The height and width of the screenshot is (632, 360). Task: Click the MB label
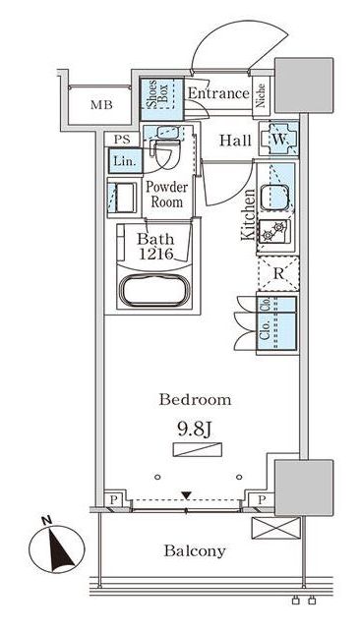pyautogui.click(x=101, y=105)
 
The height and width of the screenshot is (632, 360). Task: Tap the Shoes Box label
pyautogui.click(x=157, y=98)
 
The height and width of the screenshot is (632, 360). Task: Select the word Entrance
pyautogui.click(x=219, y=93)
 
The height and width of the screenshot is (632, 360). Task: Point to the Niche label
pyautogui.click(x=261, y=95)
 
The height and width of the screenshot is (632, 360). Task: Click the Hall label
pyautogui.click(x=235, y=141)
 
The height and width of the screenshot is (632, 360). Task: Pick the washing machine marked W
pyautogui.click(x=279, y=139)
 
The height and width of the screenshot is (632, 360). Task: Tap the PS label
pyautogui.click(x=122, y=140)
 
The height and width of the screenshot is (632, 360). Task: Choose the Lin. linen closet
pyautogui.click(x=125, y=161)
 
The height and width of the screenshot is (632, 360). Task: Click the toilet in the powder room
pyautogui.click(x=166, y=154)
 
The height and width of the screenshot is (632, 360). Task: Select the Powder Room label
pyautogui.click(x=166, y=195)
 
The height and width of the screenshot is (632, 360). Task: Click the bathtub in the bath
pyautogui.click(x=154, y=291)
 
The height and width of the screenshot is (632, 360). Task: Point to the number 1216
pyautogui.click(x=155, y=254)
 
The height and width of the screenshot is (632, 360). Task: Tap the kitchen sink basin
pyautogui.click(x=274, y=198)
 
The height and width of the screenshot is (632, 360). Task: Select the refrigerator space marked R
pyautogui.click(x=278, y=273)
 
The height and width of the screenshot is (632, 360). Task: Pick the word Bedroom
pyautogui.click(x=195, y=400)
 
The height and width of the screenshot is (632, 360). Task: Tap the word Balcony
pyautogui.click(x=195, y=551)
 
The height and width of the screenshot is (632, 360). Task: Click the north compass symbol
pyautogui.click(x=57, y=547)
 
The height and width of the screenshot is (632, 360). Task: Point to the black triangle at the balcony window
pyautogui.click(x=186, y=495)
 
